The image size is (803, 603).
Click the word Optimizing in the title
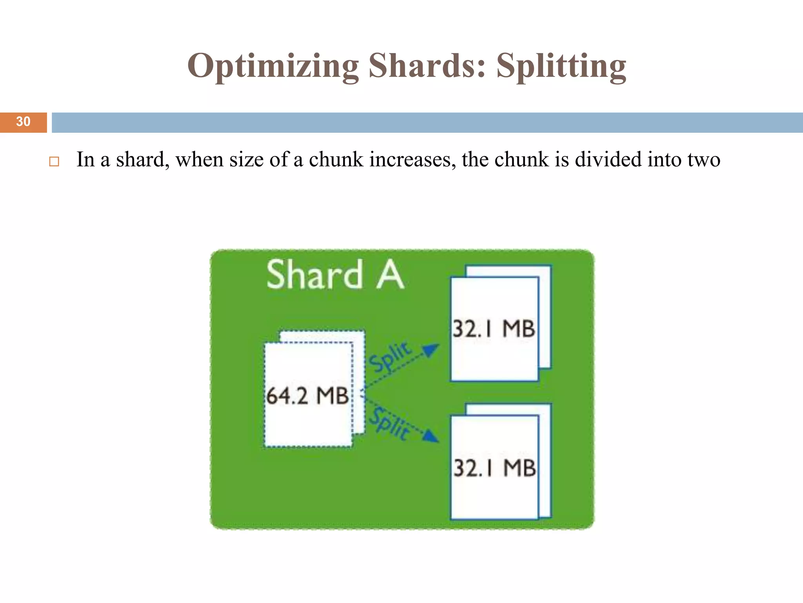273,66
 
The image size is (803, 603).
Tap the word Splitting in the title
561,66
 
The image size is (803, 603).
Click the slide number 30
23,122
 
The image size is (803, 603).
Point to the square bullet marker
54,161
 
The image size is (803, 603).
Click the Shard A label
335,275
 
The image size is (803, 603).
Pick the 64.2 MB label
307,395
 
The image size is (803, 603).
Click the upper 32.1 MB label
494,329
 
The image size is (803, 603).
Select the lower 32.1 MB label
494,468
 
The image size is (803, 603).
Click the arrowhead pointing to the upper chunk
432,349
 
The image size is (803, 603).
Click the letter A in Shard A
390,275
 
